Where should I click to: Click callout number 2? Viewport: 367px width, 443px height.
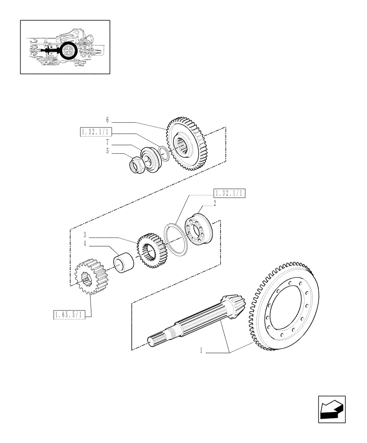(215, 203)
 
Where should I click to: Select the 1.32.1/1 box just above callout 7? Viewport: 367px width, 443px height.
(96, 132)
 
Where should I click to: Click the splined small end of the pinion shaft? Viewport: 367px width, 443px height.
(157, 342)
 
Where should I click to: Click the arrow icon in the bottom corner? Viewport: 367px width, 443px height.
(332, 408)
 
